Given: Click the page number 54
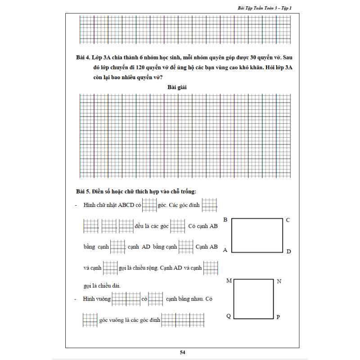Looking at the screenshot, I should coord(182,352).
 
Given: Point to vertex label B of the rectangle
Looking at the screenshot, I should coord(225,220).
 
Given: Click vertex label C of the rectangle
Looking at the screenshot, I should coord(288,220).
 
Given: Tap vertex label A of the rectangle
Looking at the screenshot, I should coord(225,250).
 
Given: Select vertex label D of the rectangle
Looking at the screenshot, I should coord(288,251).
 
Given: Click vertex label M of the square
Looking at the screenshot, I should coord(229,281).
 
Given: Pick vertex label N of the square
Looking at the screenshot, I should coord(279,282).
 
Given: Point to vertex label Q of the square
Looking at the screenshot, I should coord(229,316).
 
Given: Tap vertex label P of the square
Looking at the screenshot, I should coord(278,317).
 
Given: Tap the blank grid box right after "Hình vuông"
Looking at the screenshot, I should coord(126,299).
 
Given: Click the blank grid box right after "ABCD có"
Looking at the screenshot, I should coord(149,205).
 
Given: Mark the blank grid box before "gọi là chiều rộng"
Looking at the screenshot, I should coord(110,268).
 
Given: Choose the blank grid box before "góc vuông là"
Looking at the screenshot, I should coord(90,319).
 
